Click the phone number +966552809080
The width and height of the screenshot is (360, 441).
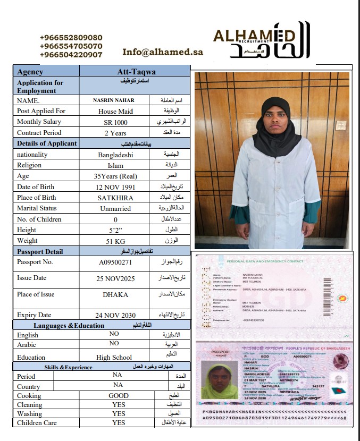[x=71, y=38]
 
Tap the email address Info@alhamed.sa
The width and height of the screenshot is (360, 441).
[x=163, y=52]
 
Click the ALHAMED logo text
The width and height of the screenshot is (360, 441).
[x=254, y=36]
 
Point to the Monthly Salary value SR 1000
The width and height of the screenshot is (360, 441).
[x=115, y=122]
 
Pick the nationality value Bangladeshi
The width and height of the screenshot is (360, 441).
[x=115, y=155]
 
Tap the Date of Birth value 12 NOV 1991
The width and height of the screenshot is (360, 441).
[x=115, y=187]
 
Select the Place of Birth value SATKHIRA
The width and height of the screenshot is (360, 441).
[x=115, y=198]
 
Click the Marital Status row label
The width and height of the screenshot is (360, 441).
[x=37, y=208]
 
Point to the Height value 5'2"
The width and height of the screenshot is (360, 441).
[x=115, y=230]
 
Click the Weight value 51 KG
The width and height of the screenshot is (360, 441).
[x=115, y=241]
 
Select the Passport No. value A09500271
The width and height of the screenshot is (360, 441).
[x=115, y=262]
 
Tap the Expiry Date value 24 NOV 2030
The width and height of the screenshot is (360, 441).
[x=115, y=315]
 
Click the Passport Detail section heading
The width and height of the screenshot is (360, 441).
[x=40, y=252]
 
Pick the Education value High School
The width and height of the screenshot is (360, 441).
[x=114, y=358]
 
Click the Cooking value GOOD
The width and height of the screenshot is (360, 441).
[x=118, y=395]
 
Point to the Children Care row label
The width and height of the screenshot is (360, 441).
[x=37, y=423]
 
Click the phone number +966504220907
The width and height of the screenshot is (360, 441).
[x=71, y=55]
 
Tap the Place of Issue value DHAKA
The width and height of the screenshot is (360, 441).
[x=115, y=294]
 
